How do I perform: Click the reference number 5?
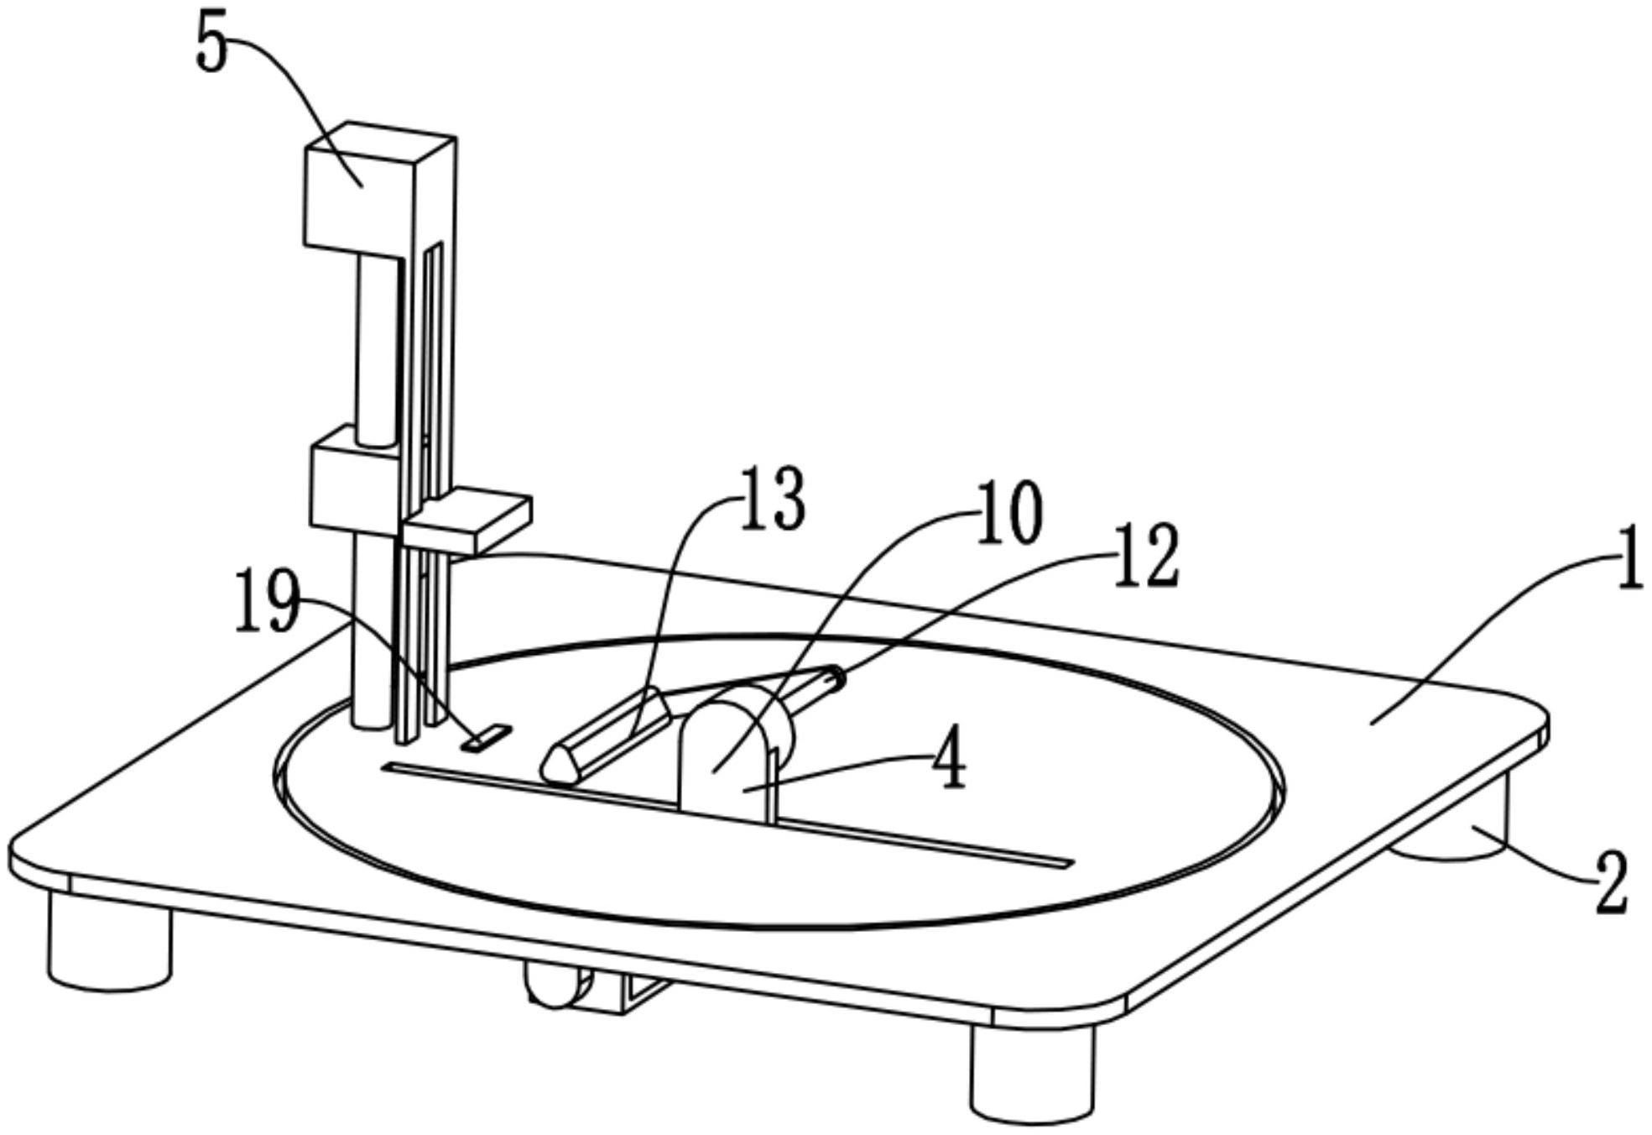point(211,49)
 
